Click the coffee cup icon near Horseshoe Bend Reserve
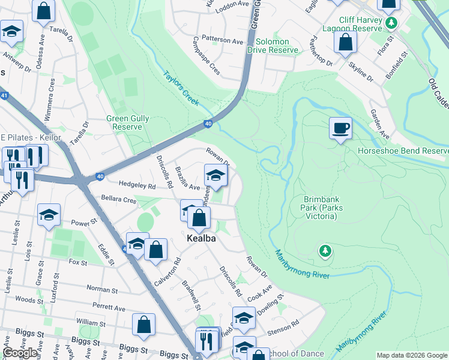340,128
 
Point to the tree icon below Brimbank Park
325,251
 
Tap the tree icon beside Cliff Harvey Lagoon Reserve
391,23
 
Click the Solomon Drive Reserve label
277,46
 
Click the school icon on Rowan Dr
216,175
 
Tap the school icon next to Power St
49,214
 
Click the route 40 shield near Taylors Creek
208,124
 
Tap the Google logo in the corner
20,353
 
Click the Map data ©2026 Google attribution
412,355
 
